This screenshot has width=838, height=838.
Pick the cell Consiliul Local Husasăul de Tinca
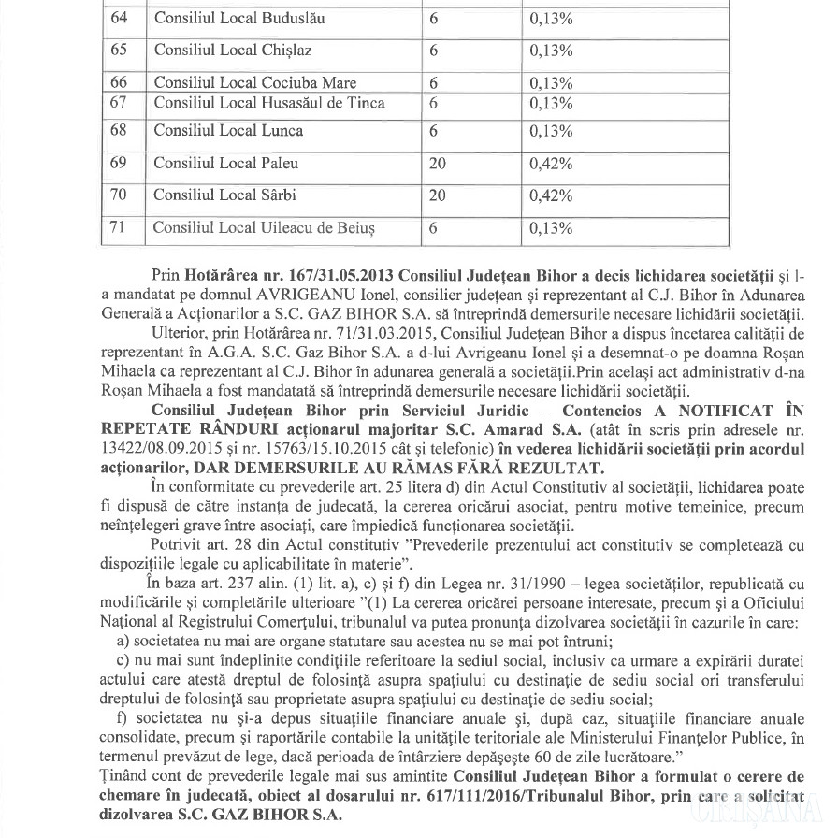(x=268, y=102)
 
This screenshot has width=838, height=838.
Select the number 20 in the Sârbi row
(x=437, y=195)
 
